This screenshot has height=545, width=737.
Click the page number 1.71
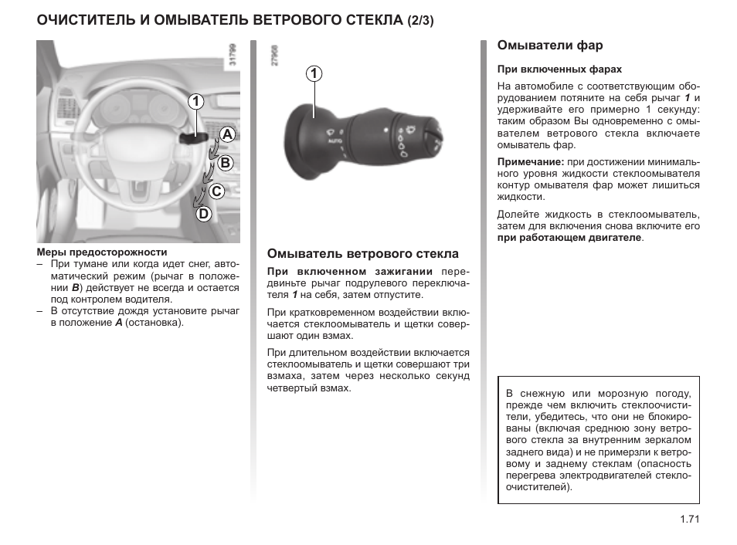[x=689, y=520]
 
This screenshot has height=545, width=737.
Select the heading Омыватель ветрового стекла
[x=362, y=253]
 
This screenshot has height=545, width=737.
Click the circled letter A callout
[x=226, y=134]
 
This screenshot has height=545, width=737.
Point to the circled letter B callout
[x=225, y=163]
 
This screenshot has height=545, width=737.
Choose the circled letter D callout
[x=202, y=214]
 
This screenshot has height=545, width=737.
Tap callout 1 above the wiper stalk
[x=314, y=74]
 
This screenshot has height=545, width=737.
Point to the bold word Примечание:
[x=530, y=162]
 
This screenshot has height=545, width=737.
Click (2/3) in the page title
[x=420, y=21]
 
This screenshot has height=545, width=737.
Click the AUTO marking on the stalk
[x=335, y=142]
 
